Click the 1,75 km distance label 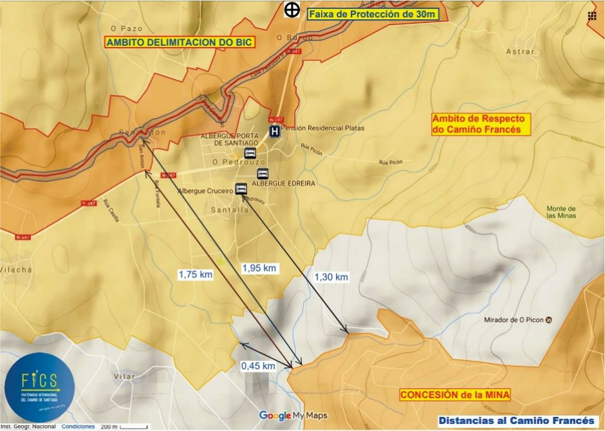click(x=196, y=274)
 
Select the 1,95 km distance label click(x=260, y=268)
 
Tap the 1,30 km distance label click(x=331, y=277)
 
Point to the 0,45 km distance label click(x=258, y=365)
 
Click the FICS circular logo click(x=39, y=387)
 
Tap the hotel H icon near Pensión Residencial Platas click(x=275, y=131)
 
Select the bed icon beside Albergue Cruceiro click(x=241, y=188)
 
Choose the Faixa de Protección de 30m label click(x=373, y=14)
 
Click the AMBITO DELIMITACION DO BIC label click(x=180, y=42)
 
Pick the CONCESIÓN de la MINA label click(x=455, y=394)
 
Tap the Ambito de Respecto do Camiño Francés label click(x=480, y=124)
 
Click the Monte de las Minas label click(x=561, y=212)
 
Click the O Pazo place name click(x=126, y=28)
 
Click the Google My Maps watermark click(x=293, y=416)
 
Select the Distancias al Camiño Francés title click(x=517, y=421)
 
